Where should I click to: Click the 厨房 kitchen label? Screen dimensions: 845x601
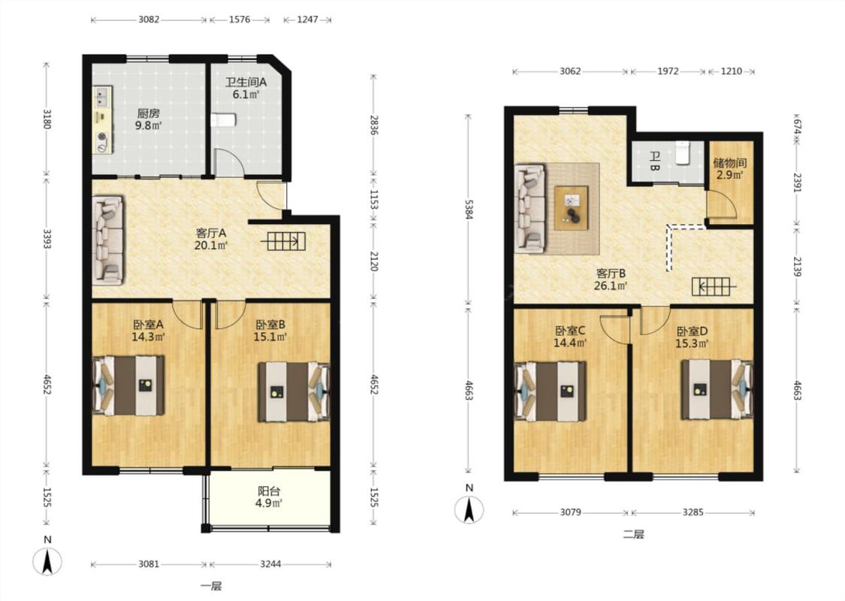tap(148, 113)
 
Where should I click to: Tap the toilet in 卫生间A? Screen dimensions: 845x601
tap(222, 119)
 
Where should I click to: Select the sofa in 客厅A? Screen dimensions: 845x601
tap(107, 240)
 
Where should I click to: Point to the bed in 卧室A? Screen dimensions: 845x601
tap(128, 385)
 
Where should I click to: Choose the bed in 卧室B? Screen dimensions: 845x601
tap(294, 392)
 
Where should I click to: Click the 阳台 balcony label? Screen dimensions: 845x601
tap(269, 491)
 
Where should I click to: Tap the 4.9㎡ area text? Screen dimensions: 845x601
tap(269, 503)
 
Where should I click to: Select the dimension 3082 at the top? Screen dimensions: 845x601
tap(149, 20)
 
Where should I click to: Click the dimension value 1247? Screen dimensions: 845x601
tap(307, 20)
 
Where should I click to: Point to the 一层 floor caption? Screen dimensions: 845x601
tap(211, 587)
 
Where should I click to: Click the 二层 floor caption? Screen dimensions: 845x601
tap(634, 535)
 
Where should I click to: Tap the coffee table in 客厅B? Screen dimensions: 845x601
tap(572, 207)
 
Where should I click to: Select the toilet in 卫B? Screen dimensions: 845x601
tap(682, 153)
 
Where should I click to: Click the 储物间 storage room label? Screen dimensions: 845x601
tap(730, 163)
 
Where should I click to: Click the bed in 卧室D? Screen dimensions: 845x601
tap(717, 389)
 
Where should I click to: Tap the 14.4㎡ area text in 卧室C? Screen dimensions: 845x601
tap(570, 343)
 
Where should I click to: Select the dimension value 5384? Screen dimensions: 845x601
tap(468, 210)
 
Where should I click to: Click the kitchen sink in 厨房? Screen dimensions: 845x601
tap(101, 98)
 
